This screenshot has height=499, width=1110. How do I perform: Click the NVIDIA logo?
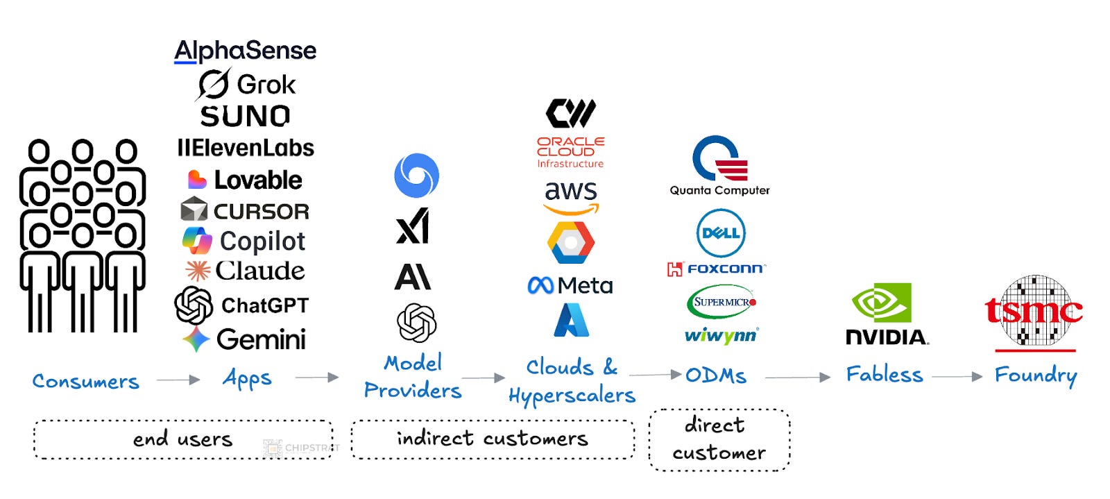coord(886,314)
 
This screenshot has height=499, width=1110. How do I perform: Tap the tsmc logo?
coord(1034,312)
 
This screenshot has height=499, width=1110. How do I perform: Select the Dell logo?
coord(721,233)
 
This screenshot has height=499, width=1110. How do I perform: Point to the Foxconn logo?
coord(716,269)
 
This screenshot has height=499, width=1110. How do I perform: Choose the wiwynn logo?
coord(721,336)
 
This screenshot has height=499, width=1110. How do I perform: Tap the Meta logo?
coord(570,285)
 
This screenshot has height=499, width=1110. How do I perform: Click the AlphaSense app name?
coord(245,51)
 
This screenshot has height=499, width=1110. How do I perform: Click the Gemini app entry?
coord(244,339)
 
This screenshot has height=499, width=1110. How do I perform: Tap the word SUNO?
coord(245,116)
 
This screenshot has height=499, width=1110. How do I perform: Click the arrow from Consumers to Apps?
coord(178,380)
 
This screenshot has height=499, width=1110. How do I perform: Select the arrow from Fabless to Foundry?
coord(957,377)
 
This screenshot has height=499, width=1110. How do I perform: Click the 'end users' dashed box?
coord(183,439)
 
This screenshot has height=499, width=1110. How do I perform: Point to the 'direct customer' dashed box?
coord(719,439)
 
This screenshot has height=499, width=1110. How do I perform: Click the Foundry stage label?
coord(1035,375)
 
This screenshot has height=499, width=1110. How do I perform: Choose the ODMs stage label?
coord(716,375)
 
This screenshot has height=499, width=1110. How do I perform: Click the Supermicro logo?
coord(721,303)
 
